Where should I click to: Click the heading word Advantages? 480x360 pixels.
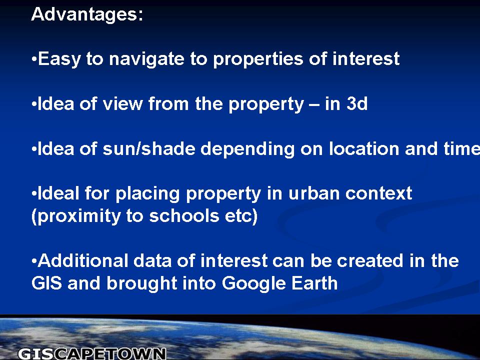pyautogui.click(x=87, y=14)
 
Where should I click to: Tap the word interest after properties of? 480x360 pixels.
pyautogui.click(x=366, y=58)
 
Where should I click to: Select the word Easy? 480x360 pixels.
pyautogui.click(x=59, y=59)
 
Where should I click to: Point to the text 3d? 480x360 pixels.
pyautogui.click(x=357, y=103)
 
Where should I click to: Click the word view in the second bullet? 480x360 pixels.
pyautogui.click(x=123, y=103)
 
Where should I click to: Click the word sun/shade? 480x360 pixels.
pyautogui.click(x=149, y=148)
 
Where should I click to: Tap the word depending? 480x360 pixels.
pyautogui.click(x=247, y=149)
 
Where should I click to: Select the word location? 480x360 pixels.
pyautogui.click(x=364, y=148)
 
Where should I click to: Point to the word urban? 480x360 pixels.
pyautogui.click(x=314, y=193)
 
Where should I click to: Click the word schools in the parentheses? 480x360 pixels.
pyautogui.click(x=184, y=216)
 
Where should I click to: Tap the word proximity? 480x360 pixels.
pyautogui.click(x=79, y=216)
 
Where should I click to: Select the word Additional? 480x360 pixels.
pyautogui.click(x=83, y=261)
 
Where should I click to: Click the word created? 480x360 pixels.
pyautogui.click(x=370, y=261)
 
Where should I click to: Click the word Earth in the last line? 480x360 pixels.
pyautogui.click(x=314, y=283)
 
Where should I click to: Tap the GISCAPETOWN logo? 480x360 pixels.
pyautogui.click(x=92, y=353)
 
